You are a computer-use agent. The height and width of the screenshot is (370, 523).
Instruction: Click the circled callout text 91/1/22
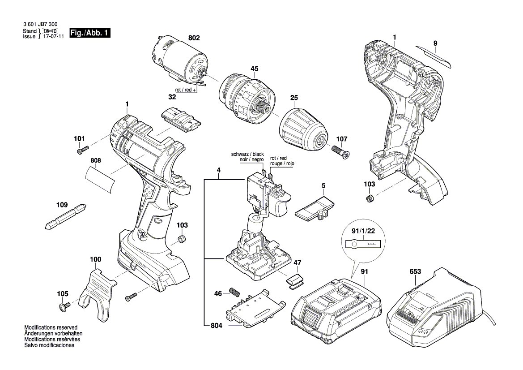pyautogui.click(x=363, y=232)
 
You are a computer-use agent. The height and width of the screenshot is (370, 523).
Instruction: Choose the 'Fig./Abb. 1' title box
pyautogui.click(x=90, y=33)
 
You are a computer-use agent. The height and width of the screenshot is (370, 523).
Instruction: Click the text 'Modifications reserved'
pyautogui.click(x=51, y=328)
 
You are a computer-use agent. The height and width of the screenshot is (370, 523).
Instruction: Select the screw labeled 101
pyautogui.click(x=83, y=151)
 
